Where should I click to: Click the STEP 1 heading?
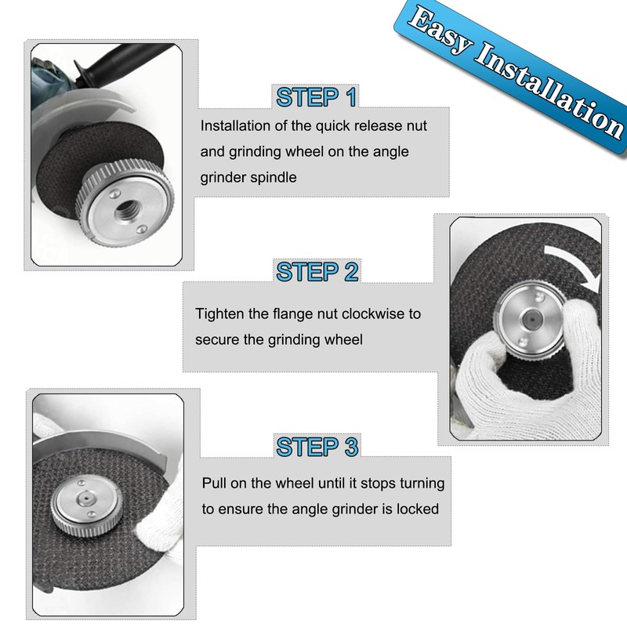tap(317, 97)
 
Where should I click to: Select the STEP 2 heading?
tap(317, 272)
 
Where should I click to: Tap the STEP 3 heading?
tap(317, 448)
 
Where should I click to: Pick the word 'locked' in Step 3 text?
tap(418, 509)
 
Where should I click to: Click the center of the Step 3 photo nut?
tap(81, 504)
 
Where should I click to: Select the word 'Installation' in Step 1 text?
tap(234, 125)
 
